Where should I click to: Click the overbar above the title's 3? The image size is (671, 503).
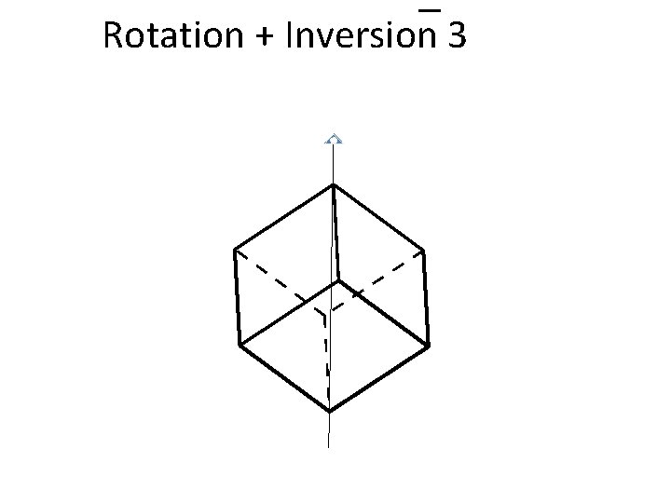pyautogui.click(x=430, y=9)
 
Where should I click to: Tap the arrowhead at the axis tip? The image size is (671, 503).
pyautogui.click(x=333, y=140)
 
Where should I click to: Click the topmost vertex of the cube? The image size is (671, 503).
pyautogui.click(x=333, y=185)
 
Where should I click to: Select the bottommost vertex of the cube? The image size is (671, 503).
pyautogui.click(x=330, y=411)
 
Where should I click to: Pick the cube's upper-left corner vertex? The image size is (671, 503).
pyautogui.click(x=234, y=250)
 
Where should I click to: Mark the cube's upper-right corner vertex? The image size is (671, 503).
pyautogui.click(x=424, y=250)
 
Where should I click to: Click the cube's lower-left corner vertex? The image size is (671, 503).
pyautogui.click(x=240, y=346)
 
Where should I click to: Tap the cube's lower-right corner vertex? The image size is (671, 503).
pyautogui.click(x=429, y=346)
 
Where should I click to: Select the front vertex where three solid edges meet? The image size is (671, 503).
pyautogui.click(x=337, y=280)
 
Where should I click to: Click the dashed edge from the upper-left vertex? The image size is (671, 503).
pyautogui.click(x=278, y=280)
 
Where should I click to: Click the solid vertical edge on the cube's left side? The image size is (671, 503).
pyautogui.click(x=237, y=298)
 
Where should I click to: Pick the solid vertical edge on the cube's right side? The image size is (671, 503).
pyautogui.click(x=426, y=298)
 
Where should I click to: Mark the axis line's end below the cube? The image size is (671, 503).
pyautogui.click(x=329, y=446)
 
